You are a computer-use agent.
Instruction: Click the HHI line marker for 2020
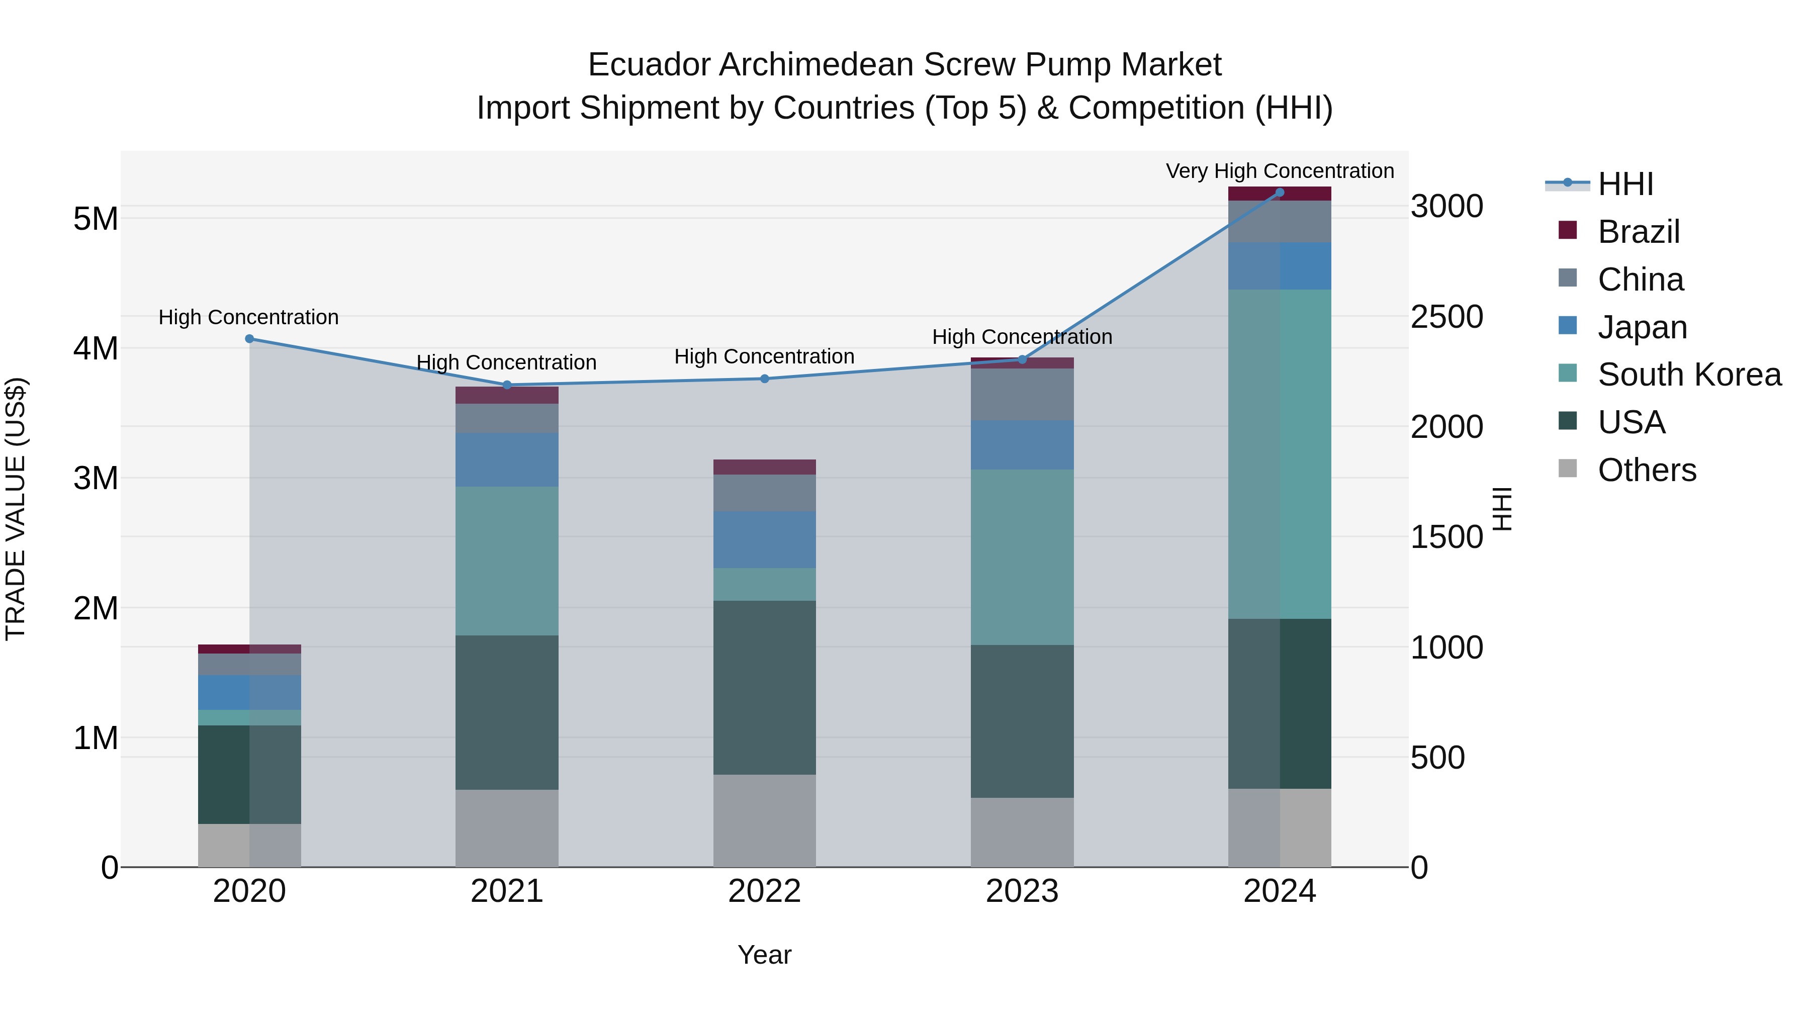[x=249, y=339]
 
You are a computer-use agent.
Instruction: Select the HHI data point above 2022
[x=764, y=379]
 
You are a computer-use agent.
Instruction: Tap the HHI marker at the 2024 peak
[x=1280, y=193]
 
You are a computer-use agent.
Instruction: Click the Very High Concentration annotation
[x=1280, y=171]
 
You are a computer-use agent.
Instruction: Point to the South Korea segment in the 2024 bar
[x=1280, y=454]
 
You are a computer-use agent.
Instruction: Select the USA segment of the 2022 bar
[x=764, y=687]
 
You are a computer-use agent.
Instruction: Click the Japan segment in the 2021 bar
[x=507, y=459]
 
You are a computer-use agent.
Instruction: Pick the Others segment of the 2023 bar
[x=1022, y=832]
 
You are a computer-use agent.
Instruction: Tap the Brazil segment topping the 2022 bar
[x=764, y=467]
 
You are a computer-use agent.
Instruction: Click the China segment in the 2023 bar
[x=1022, y=394]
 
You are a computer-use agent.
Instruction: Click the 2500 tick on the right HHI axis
[x=1446, y=317]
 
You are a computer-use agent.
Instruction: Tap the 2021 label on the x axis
[x=507, y=891]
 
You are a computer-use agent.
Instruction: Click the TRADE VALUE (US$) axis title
[x=16, y=509]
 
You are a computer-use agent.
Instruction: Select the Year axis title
[x=764, y=955]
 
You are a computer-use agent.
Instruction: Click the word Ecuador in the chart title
[x=649, y=65]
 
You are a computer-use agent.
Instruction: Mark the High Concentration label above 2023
[x=1022, y=337]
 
